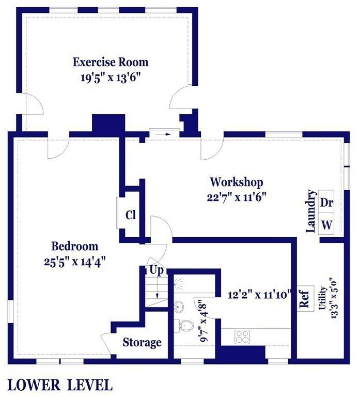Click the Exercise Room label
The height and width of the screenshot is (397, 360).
[x=111, y=62]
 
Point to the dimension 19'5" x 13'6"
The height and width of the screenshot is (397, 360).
[x=111, y=77]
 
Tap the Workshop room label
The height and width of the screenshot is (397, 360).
[x=237, y=182]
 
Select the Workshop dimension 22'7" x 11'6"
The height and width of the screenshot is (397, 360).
[x=237, y=197]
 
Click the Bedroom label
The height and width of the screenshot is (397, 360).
[x=75, y=246]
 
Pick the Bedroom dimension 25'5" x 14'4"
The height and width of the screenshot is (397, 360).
[x=74, y=262]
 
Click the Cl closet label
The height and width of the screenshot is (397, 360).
[x=131, y=215]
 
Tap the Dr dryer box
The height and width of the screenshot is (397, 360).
[x=326, y=201]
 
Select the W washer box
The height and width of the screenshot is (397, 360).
[x=326, y=223]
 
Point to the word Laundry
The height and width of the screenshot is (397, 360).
[x=311, y=211]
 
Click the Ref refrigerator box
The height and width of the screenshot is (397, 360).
[x=305, y=298]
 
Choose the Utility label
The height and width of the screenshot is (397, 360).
[x=322, y=298]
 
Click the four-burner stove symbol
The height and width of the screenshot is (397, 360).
[x=242, y=337]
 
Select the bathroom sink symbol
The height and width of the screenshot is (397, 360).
[x=179, y=307]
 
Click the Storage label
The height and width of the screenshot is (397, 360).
[x=142, y=343]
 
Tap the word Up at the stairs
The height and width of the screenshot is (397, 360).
[x=156, y=270]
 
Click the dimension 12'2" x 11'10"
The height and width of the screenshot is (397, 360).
[x=258, y=295]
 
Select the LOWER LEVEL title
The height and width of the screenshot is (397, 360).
[x=60, y=385]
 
